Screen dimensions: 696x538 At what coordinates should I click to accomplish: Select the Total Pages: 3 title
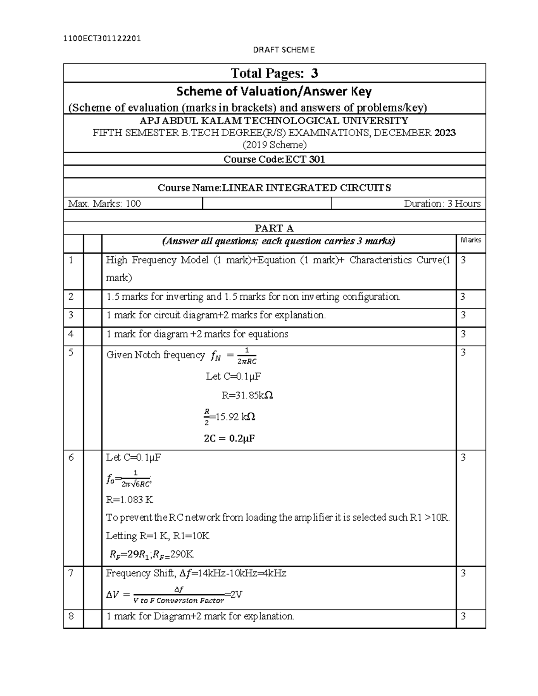coord(274,73)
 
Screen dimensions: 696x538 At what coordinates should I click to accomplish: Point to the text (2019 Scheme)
coord(274,145)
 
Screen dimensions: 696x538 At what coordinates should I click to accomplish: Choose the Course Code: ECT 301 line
coord(274,159)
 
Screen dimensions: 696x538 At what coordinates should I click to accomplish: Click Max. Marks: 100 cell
coord(104,203)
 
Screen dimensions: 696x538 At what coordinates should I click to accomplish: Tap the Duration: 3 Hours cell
coord(442,203)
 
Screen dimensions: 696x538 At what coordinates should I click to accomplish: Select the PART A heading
coord(274,228)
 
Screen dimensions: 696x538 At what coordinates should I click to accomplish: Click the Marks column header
coord(470,240)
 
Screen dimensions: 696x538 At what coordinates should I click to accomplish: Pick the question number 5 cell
coord(71,352)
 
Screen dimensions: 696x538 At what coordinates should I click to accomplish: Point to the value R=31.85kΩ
coord(247,395)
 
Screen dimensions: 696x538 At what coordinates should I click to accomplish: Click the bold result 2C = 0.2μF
coord(229,438)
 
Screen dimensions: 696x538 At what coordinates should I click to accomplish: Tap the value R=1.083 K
coord(130,500)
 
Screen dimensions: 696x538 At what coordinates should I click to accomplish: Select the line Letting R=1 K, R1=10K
coord(157,536)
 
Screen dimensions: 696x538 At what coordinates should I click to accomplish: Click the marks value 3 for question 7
coord(464,573)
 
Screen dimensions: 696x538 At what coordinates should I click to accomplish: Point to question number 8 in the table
coord(71,616)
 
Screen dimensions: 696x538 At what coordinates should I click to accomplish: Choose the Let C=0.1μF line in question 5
coord(233,376)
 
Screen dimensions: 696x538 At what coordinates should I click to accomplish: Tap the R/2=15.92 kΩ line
coord(229,417)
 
